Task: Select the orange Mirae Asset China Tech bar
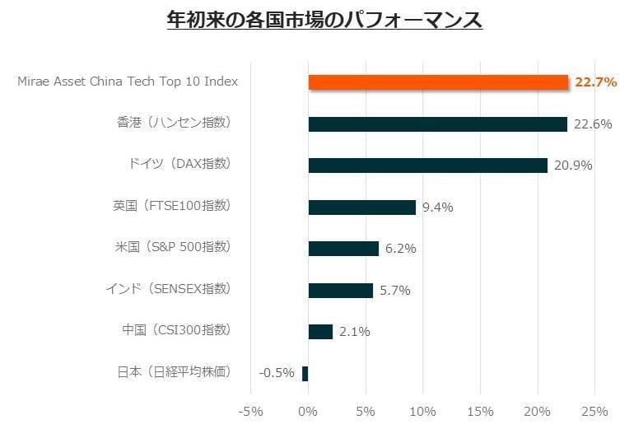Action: [x=438, y=82]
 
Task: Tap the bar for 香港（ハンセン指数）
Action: [x=437, y=124]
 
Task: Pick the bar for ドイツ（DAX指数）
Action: [x=427, y=166]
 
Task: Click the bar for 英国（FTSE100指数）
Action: [x=361, y=208]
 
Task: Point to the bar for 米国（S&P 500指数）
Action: [x=343, y=249]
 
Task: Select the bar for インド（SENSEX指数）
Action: [x=340, y=290]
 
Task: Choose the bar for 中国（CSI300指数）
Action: [x=320, y=332]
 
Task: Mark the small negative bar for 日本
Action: [x=305, y=373]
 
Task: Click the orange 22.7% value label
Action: [x=596, y=82]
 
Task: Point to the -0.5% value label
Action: [x=276, y=373]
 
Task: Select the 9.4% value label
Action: [x=437, y=208]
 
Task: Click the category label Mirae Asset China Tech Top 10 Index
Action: [x=128, y=82]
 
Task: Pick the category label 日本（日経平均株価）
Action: [x=174, y=371]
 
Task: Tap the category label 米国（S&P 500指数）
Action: [x=173, y=247]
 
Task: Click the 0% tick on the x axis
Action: [x=308, y=411]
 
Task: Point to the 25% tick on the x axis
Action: [x=594, y=411]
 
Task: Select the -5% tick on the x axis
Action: [x=250, y=411]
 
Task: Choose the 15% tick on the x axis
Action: [x=480, y=411]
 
